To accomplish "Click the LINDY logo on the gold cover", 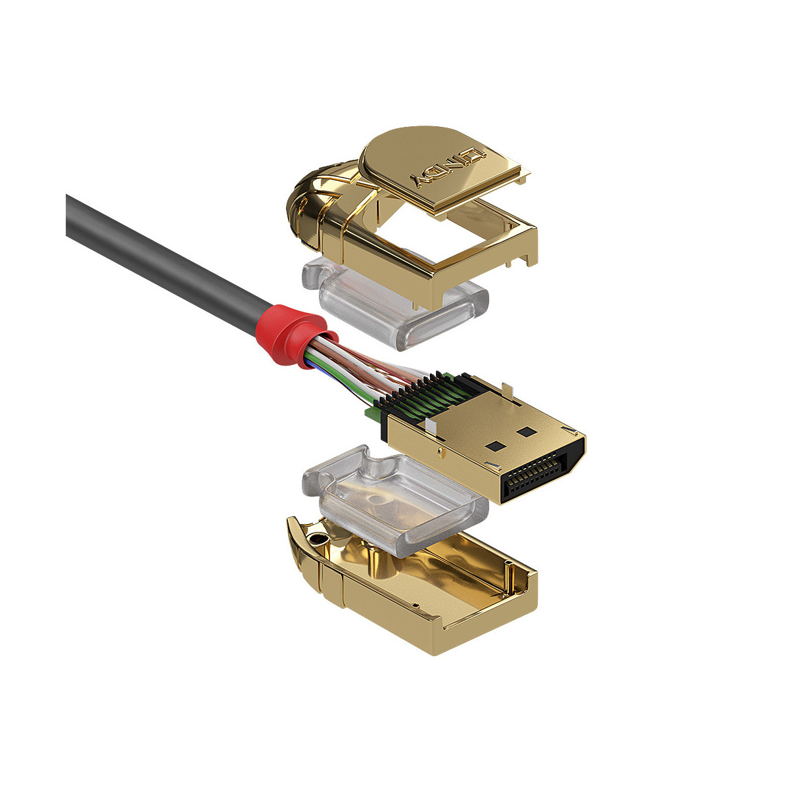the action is coord(448,167).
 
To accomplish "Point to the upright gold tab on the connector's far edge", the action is coord(507,391).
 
